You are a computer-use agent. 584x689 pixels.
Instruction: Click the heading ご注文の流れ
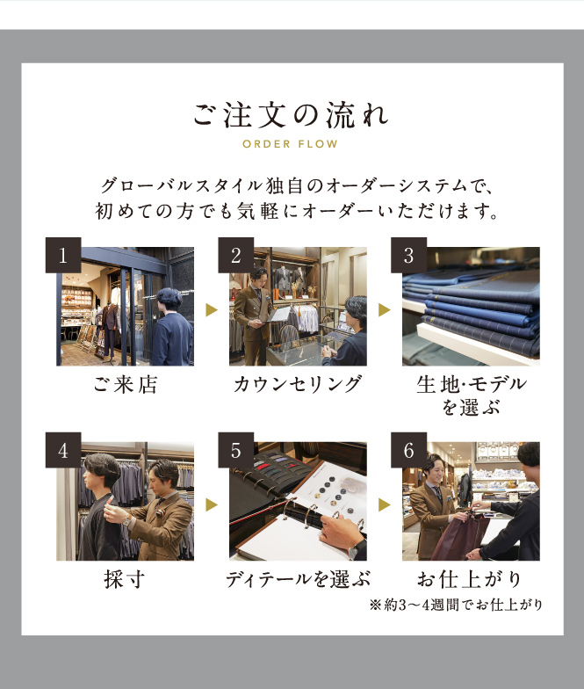click(292, 115)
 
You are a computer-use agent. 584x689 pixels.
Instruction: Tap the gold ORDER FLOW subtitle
click(290, 144)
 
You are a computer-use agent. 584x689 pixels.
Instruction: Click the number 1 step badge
click(63, 255)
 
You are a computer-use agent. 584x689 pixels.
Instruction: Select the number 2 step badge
click(235, 255)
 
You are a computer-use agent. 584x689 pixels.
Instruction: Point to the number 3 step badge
click(409, 255)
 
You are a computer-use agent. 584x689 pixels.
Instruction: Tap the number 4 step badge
click(63, 450)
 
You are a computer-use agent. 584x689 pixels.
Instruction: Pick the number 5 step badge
click(235, 450)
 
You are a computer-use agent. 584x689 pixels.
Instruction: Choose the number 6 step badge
click(409, 450)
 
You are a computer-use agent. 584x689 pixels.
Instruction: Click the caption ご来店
click(125, 385)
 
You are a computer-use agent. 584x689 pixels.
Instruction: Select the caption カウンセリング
click(298, 385)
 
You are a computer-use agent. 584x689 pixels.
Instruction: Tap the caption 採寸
click(125, 579)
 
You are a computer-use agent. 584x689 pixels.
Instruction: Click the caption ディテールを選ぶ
click(298, 579)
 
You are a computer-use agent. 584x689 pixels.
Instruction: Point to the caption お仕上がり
click(470, 579)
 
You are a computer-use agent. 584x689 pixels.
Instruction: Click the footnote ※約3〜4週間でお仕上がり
click(456, 605)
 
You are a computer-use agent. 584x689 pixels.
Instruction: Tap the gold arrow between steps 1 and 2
click(211, 309)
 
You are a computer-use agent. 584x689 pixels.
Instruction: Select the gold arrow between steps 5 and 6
click(385, 504)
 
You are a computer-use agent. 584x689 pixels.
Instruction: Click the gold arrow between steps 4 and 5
click(211, 504)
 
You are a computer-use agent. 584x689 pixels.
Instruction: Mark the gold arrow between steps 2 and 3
click(385, 309)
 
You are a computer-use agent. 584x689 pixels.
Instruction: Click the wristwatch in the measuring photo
click(126, 521)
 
